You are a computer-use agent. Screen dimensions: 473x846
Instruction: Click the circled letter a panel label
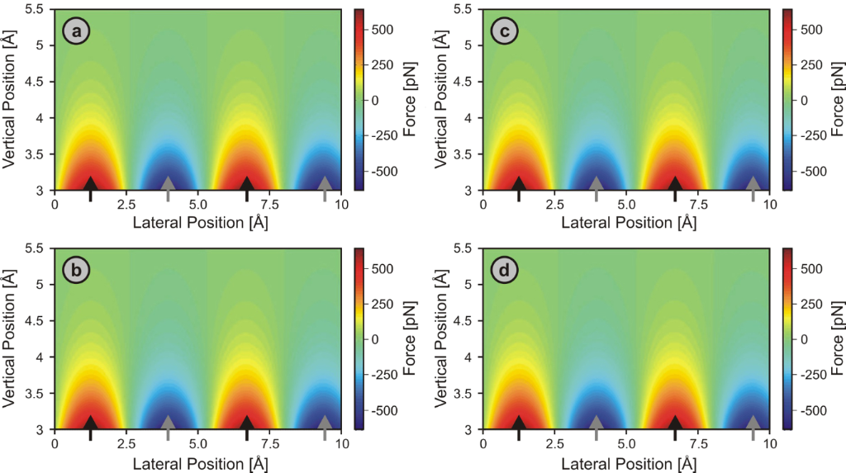tap(77, 32)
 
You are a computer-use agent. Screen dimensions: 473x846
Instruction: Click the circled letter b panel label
tap(77, 272)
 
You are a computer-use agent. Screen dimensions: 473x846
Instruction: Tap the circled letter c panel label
tap(505, 32)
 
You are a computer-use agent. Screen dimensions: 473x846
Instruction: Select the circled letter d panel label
tap(505, 272)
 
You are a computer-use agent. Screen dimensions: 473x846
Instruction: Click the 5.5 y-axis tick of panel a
tap(38, 9)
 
